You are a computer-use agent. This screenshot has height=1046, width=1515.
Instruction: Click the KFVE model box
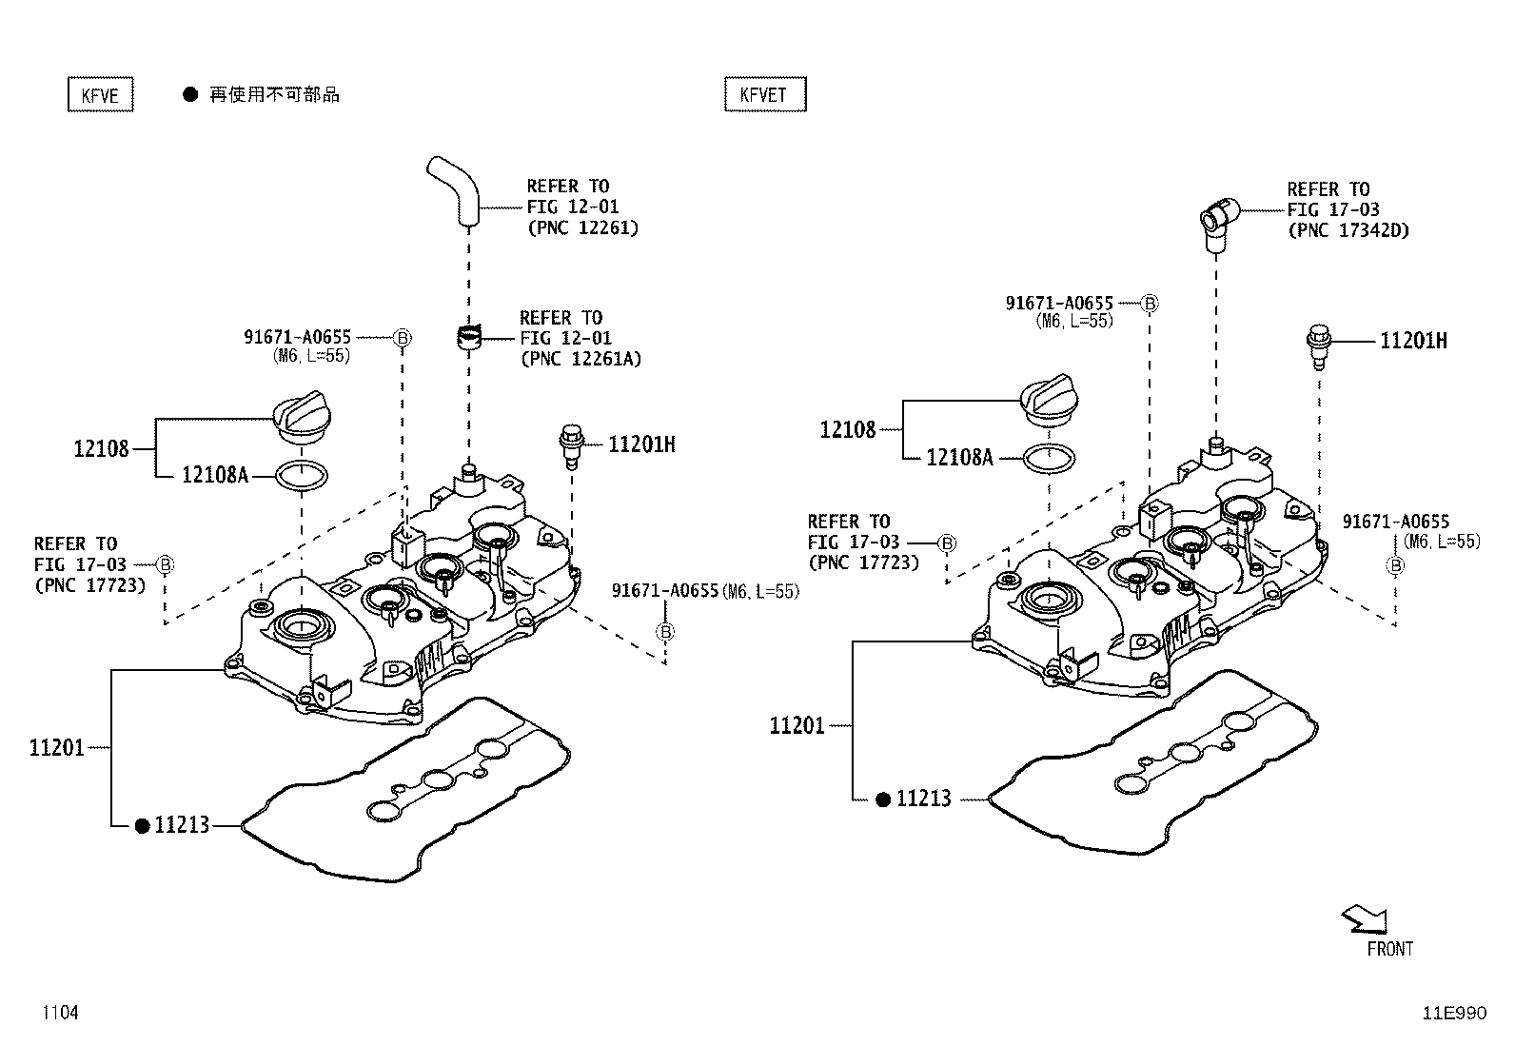[x=100, y=95]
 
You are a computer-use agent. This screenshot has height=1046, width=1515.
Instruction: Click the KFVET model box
[x=764, y=94]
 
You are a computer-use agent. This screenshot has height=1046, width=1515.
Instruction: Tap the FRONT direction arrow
[x=1365, y=919]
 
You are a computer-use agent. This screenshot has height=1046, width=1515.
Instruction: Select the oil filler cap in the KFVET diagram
[x=1050, y=397]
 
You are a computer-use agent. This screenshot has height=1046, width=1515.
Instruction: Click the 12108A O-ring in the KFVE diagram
[x=302, y=473]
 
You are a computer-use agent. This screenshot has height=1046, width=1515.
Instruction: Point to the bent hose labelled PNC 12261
[x=455, y=189]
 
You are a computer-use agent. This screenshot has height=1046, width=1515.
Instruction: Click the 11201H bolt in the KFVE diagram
[x=571, y=445]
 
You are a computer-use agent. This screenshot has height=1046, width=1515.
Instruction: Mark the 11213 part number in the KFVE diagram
[x=182, y=825]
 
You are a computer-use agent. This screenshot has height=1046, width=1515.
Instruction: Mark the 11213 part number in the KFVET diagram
[x=923, y=799]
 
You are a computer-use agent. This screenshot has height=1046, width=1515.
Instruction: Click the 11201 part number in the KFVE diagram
[x=56, y=748]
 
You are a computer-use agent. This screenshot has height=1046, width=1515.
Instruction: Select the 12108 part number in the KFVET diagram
[x=847, y=430]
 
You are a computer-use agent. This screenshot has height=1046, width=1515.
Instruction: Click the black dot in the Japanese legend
[x=190, y=94]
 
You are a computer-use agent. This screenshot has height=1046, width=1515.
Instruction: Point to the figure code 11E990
[x=1453, y=1013]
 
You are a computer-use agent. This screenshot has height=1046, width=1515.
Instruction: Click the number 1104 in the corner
[x=59, y=1013]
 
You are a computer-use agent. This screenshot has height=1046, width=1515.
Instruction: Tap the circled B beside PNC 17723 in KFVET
[x=947, y=543]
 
